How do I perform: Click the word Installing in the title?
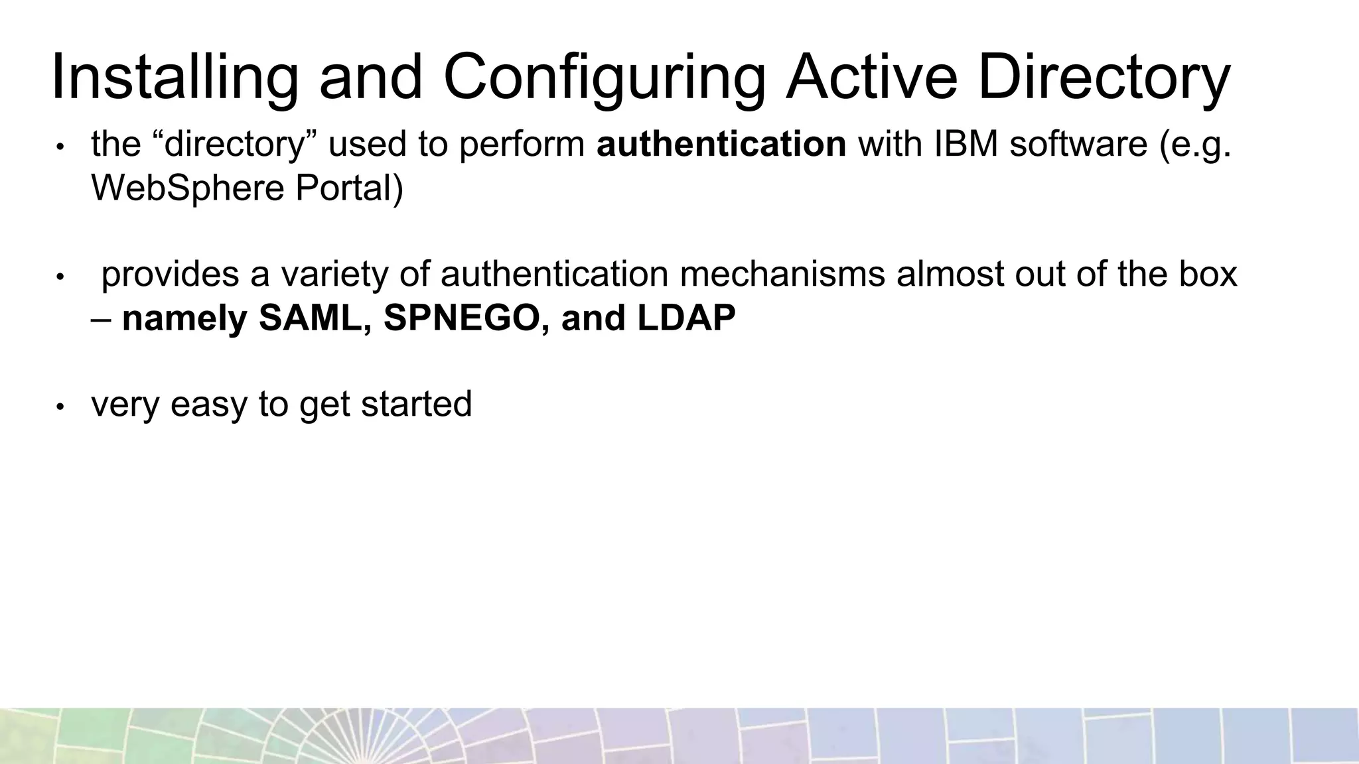point(175,78)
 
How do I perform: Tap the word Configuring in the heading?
point(604,78)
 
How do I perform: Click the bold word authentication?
point(721,144)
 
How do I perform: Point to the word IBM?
point(966,144)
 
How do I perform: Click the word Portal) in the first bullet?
point(349,188)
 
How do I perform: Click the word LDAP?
point(687,318)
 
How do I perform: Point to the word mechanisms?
point(782,275)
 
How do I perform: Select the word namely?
point(184,318)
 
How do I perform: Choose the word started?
point(416,405)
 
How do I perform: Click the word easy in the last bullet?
point(208,405)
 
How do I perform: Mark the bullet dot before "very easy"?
point(59,407)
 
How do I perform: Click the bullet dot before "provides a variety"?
point(59,277)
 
